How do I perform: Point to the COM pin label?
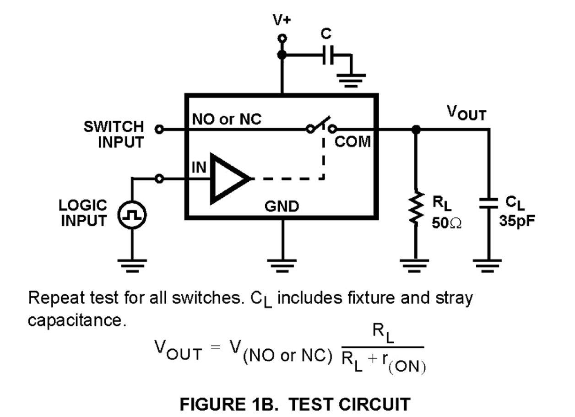tap(353, 142)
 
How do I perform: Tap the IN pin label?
tap(199, 167)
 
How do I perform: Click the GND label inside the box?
tap(282, 207)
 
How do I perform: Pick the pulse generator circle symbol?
tap(132, 214)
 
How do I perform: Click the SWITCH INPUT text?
tap(114, 134)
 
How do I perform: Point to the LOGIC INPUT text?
tap(83, 213)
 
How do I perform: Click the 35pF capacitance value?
tap(518, 221)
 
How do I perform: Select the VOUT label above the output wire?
tap(467, 113)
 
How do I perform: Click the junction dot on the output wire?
tap(416, 130)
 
